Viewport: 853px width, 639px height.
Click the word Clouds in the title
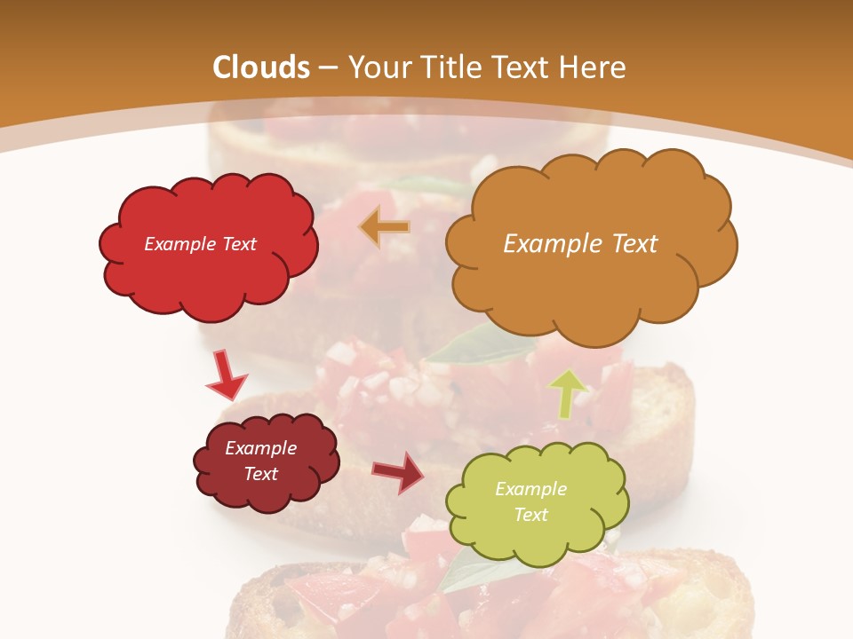(261, 67)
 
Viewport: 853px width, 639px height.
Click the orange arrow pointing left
(385, 227)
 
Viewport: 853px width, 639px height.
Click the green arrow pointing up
(568, 393)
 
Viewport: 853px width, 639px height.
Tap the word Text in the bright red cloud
(238, 244)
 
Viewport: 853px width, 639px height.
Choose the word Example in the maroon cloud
(261, 448)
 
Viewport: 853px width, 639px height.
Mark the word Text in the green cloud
(530, 515)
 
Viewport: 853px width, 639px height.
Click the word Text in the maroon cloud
(261, 474)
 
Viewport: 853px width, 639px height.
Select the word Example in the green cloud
(530, 489)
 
